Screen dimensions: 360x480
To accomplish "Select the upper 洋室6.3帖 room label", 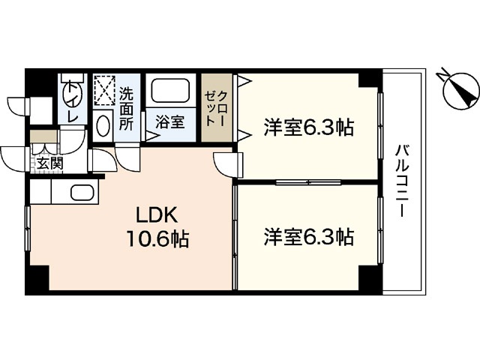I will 308,127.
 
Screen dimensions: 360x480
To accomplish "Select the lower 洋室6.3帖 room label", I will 308,237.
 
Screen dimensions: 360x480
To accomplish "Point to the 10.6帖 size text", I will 157,240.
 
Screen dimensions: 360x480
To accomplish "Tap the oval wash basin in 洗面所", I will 104,125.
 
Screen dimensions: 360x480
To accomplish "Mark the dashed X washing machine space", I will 103,91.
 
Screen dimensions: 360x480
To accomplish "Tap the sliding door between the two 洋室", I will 307,182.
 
